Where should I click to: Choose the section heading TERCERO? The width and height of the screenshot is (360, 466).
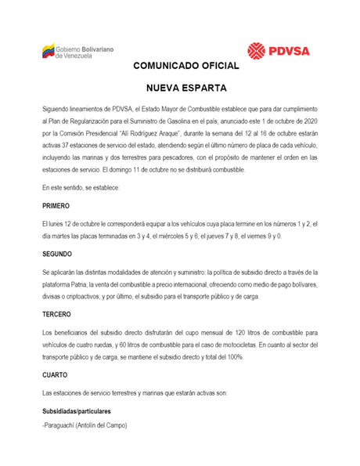click(57, 314)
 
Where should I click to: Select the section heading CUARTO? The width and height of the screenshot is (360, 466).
click(54, 374)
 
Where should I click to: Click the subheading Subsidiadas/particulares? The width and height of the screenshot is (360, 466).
click(77, 410)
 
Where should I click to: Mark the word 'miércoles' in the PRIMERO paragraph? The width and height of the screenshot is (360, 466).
click(177, 236)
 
